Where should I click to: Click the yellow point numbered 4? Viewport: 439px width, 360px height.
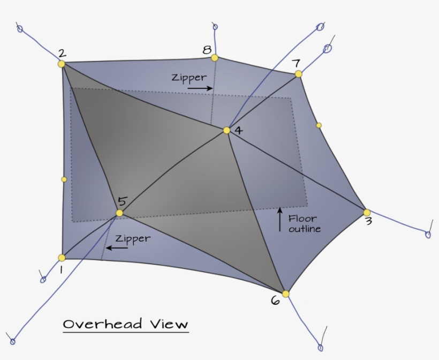click(226, 130)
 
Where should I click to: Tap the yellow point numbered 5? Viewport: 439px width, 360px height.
click(119, 213)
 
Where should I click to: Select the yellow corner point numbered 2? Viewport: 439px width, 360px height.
click(62, 64)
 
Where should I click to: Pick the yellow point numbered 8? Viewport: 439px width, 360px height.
click(215, 58)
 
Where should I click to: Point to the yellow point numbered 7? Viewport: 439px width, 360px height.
click(298, 74)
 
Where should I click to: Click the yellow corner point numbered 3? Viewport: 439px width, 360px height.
click(367, 213)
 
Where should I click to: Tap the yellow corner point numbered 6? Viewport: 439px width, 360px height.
click(285, 294)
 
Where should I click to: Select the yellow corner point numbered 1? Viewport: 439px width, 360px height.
click(62, 258)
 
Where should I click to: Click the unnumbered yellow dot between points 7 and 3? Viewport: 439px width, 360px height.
click(319, 125)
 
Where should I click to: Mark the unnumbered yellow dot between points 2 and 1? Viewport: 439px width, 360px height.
click(64, 179)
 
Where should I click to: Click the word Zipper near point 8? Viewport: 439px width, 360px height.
click(190, 78)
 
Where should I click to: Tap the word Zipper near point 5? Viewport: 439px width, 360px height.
click(133, 239)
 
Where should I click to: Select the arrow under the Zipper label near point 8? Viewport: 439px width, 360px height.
click(200, 88)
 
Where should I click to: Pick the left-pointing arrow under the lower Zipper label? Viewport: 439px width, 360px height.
click(117, 248)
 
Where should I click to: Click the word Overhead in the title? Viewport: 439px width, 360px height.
click(102, 324)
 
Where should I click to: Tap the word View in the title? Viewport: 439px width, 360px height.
click(169, 324)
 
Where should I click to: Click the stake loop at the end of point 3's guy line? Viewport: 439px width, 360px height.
click(428, 235)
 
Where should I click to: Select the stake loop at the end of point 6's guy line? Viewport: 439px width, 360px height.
click(321, 348)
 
